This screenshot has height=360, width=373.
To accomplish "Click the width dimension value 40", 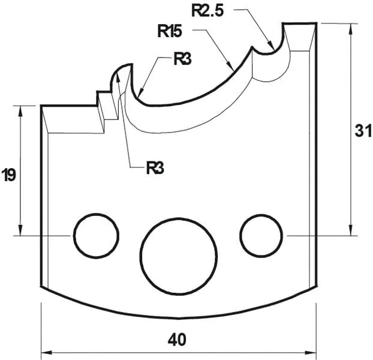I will (x=178, y=340).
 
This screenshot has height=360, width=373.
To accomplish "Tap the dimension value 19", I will (x=8, y=175).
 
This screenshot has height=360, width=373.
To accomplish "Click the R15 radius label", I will (x=170, y=31).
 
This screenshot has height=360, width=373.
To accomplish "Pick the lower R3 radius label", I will (x=155, y=167).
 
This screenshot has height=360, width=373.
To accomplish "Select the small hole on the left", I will (x=95, y=235).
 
